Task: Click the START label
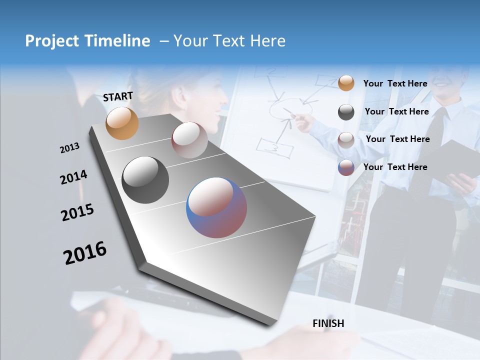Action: click(x=118, y=96)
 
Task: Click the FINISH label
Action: click(x=328, y=323)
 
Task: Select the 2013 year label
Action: click(x=70, y=148)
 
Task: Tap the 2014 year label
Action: click(x=73, y=177)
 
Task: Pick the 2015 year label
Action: click(x=77, y=212)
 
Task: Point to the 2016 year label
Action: click(x=85, y=253)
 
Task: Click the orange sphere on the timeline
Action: click(x=122, y=123)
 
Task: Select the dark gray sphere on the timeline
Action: click(x=145, y=180)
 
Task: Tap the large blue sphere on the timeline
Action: click(x=216, y=207)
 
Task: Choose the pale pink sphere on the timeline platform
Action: click(x=189, y=140)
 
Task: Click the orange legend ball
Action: click(x=346, y=83)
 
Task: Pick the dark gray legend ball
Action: click(x=346, y=112)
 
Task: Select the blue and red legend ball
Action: click(x=346, y=167)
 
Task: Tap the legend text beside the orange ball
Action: click(x=395, y=83)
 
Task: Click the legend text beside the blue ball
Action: click(x=395, y=167)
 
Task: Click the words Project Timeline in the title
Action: click(x=87, y=41)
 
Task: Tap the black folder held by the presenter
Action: click(x=455, y=160)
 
